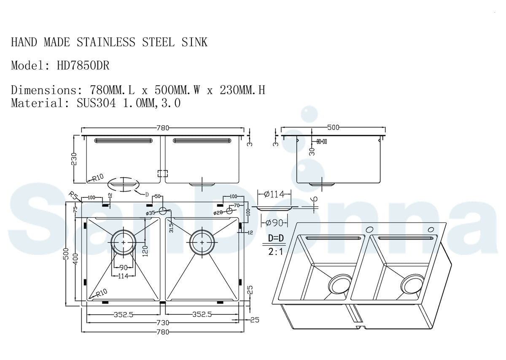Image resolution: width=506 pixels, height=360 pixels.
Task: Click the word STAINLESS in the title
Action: click(106, 42)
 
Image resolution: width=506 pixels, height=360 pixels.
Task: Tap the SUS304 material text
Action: click(96, 103)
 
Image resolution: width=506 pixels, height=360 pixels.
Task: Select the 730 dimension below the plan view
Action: click(163, 323)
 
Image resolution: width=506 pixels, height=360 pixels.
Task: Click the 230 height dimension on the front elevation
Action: click(75, 159)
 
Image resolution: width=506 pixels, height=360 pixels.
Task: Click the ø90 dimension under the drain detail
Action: click(274, 222)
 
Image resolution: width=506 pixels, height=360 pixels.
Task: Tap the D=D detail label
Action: click(277, 239)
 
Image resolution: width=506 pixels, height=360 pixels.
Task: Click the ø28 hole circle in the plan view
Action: click(229, 210)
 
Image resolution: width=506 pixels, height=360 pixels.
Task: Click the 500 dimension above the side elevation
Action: click(333, 127)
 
